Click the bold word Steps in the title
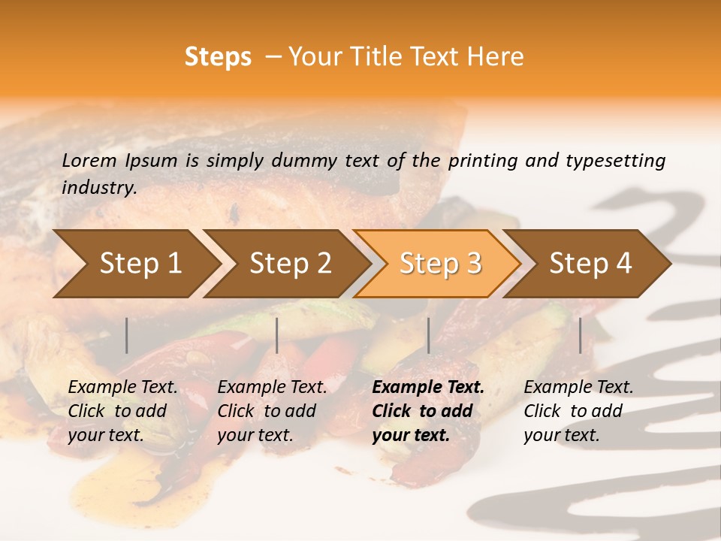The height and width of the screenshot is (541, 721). [218, 57]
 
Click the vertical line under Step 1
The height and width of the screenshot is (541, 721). [127, 335]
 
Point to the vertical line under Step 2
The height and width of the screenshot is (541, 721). [277, 335]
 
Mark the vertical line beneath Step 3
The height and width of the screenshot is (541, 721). [428, 335]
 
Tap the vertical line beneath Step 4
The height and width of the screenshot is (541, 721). [580, 335]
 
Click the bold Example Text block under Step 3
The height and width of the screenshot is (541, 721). [428, 411]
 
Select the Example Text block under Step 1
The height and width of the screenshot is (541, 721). [122, 411]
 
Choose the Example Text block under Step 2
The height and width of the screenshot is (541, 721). [272, 411]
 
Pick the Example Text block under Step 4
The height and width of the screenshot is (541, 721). [578, 411]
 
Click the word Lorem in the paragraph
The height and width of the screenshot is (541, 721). [89, 160]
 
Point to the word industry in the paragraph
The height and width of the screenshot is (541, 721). [99, 188]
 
